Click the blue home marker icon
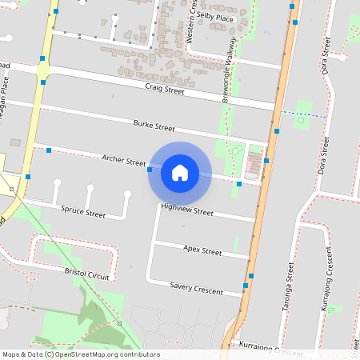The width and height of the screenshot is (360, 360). pyautogui.click(x=180, y=172)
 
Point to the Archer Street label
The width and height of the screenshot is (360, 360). pyautogui.click(x=124, y=161)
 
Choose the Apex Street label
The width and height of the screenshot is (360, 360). pyautogui.click(x=202, y=250)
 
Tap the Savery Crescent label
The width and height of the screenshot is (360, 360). pyautogui.click(x=195, y=286)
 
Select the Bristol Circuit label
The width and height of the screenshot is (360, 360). pyautogui.click(x=90, y=272)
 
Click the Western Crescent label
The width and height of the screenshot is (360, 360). pyautogui.click(x=190, y=22)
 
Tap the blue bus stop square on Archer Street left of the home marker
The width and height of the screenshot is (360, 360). pyautogui.click(x=150, y=169)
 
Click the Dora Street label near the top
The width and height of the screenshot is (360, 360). pyautogui.click(x=326, y=58)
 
